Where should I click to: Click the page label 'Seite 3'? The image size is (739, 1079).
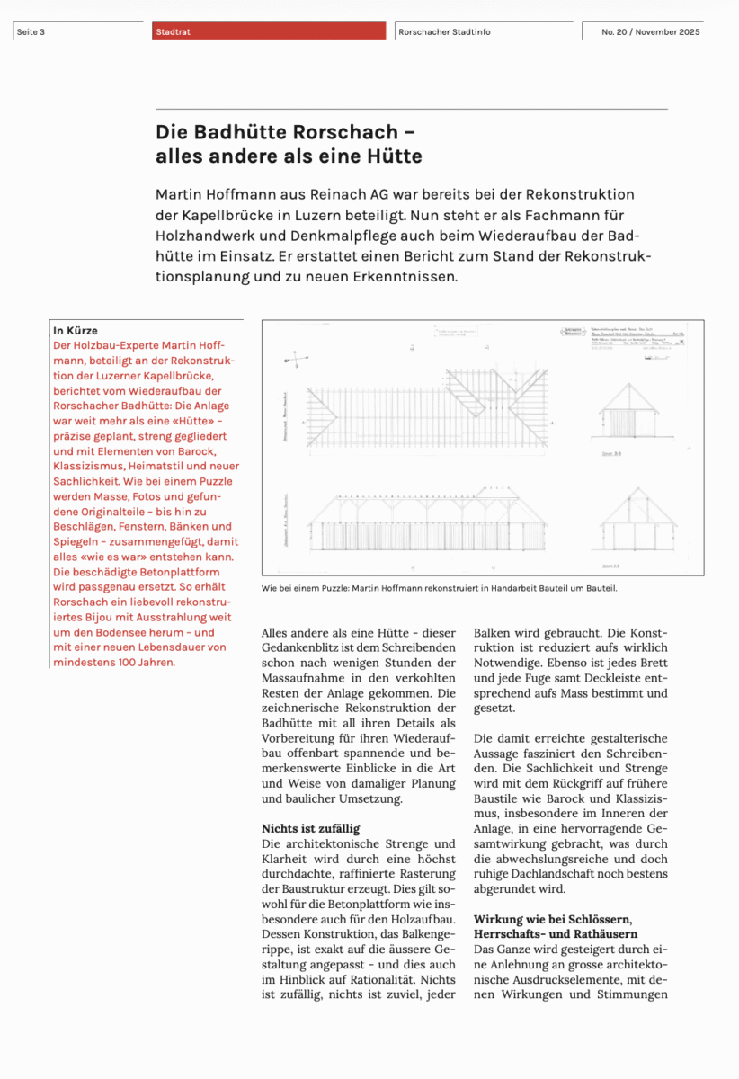point(31,32)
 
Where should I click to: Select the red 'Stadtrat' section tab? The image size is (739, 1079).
point(173,32)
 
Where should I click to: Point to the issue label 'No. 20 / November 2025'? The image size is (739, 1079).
point(651,32)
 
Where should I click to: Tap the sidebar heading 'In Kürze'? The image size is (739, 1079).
point(76,331)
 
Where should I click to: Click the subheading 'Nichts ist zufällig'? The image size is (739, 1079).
point(310,828)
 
